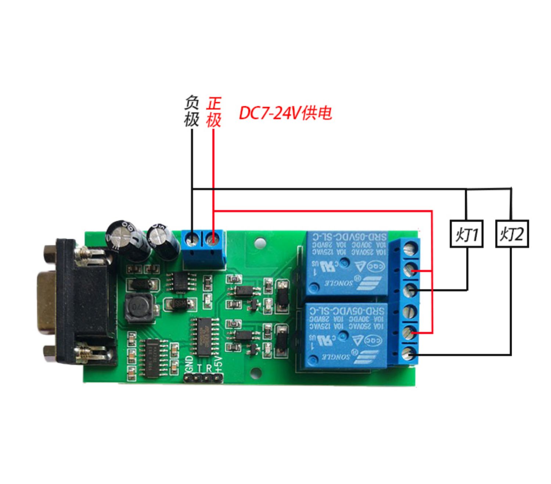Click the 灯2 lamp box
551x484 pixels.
click(x=512, y=234)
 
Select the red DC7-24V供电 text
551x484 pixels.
click(x=285, y=113)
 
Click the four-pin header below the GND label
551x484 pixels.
click(x=204, y=378)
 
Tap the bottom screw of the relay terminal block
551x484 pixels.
click(x=410, y=354)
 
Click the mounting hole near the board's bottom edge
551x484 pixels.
click(x=257, y=374)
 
